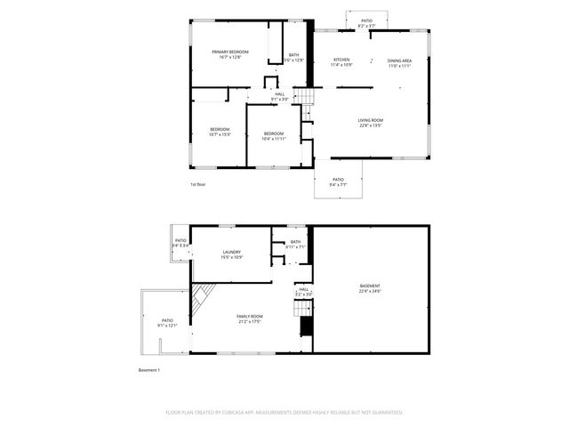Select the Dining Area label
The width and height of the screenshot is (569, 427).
399,62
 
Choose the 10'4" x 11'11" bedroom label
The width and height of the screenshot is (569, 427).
274,135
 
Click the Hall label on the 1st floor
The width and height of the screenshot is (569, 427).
280,96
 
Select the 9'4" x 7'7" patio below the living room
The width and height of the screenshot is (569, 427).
338,181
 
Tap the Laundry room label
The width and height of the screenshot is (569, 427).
231,254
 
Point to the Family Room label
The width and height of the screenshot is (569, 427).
250,318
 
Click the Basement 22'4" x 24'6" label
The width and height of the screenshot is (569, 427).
370,288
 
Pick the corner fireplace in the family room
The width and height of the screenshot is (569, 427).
204,294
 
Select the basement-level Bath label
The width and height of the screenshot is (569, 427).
295,244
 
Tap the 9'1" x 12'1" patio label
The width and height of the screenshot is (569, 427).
167,322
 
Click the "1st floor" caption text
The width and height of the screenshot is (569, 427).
197,184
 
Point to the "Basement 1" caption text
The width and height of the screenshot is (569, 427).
148,369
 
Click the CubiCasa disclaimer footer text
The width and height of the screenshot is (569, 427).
284,412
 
